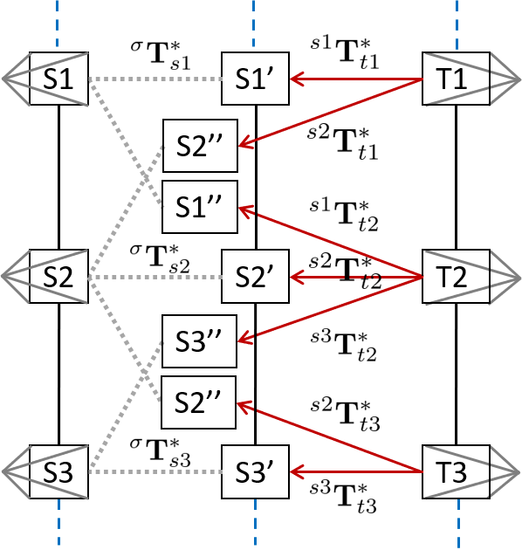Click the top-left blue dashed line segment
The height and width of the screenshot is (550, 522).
point(58,23)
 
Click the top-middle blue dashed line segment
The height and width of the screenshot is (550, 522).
point(254,23)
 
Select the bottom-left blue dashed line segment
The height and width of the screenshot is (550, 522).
point(58,523)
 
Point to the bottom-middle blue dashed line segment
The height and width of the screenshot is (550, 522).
point(255,523)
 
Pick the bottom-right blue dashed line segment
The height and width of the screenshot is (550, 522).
point(458,523)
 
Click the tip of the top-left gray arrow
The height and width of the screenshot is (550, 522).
point(3,79)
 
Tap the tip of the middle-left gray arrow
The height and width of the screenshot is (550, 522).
point(3,277)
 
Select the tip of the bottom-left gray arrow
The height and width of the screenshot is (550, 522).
point(3,472)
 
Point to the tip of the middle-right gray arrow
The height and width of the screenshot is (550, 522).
point(519,278)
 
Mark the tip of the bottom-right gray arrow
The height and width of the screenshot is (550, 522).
point(519,472)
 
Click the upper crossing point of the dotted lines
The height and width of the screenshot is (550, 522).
point(145,177)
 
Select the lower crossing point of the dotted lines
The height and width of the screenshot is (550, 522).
point(145,375)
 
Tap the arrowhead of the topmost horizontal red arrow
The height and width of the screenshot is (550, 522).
point(292,79)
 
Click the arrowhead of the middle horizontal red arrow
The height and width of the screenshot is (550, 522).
point(292,278)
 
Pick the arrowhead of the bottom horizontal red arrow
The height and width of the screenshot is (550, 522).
point(292,472)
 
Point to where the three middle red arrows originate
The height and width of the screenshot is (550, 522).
point(422,278)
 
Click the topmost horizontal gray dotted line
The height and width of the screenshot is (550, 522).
point(157,79)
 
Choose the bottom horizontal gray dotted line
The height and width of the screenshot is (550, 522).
point(157,472)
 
